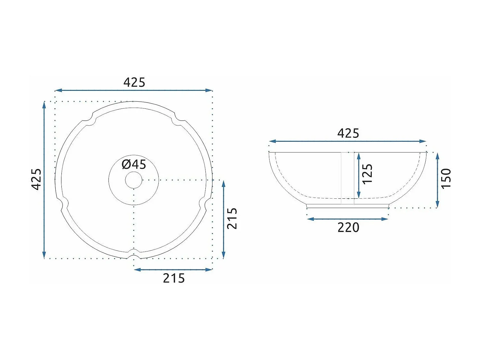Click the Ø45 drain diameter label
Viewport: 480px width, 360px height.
134,164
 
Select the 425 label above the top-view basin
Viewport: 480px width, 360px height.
134,83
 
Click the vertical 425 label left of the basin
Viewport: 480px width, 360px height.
36,179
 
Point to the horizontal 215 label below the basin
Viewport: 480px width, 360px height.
174,278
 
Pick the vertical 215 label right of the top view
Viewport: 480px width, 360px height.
232,219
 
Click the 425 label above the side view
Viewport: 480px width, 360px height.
348,133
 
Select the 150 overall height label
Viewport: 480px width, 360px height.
446,178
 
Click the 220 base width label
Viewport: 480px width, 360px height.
348,227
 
